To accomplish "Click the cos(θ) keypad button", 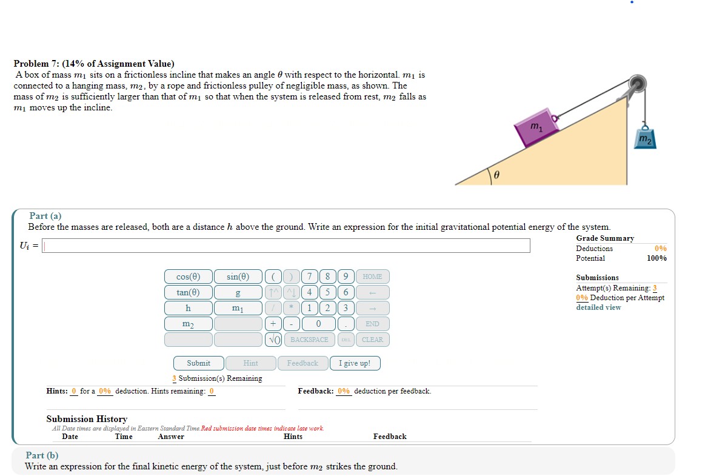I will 188,277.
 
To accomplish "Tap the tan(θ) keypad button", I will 188,292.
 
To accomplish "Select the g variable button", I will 238,292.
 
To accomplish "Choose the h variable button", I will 188,308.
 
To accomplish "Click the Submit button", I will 198,363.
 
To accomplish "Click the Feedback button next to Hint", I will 302,363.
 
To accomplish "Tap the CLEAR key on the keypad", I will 372,340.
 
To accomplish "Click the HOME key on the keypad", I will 372,277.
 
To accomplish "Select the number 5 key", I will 327,292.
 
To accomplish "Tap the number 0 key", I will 318,324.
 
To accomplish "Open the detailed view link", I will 598,307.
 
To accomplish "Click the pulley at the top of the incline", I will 636,84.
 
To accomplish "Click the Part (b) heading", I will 42,455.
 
